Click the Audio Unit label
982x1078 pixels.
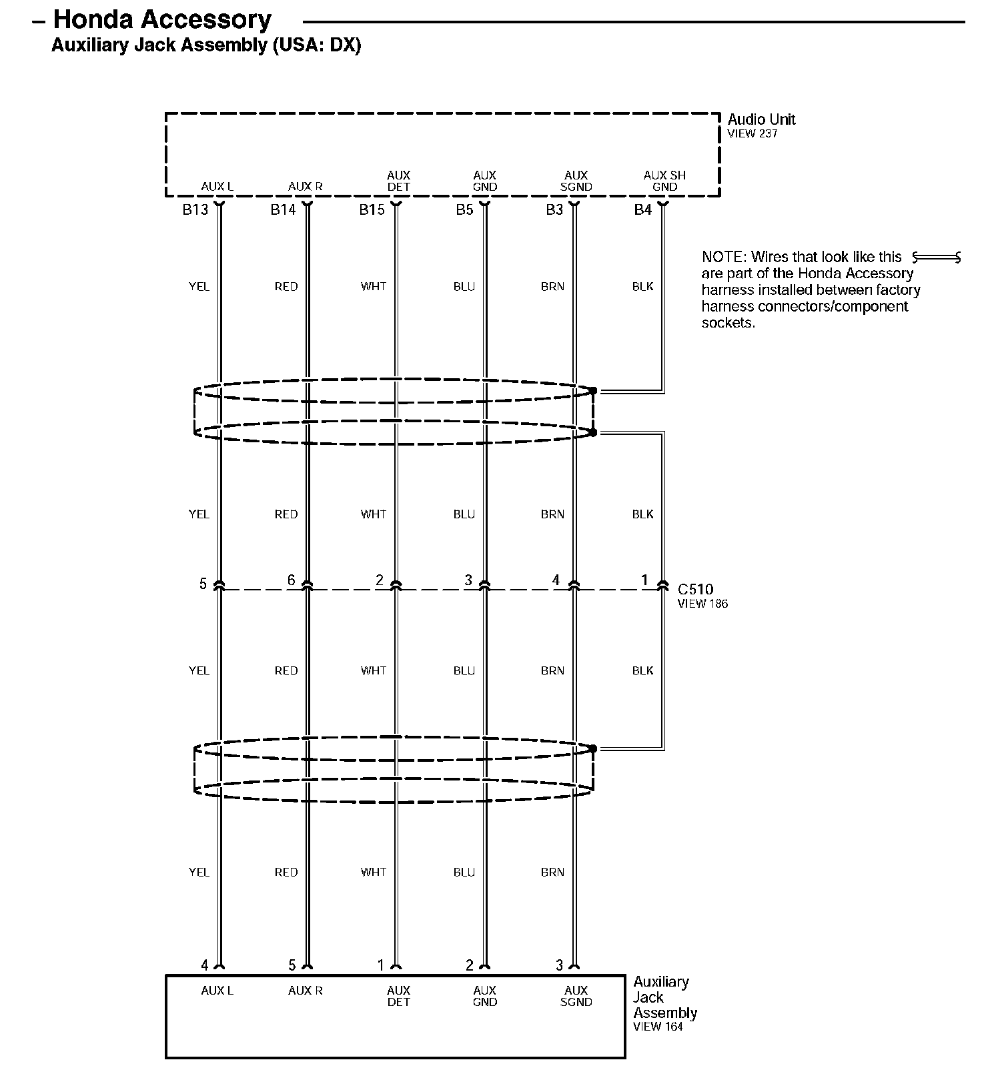(761, 119)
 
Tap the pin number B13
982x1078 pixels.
(195, 210)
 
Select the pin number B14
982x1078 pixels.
(283, 210)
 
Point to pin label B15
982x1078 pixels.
(372, 210)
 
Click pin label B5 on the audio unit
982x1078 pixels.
(464, 210)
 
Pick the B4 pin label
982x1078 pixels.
(642, 210)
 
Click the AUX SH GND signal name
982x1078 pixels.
(664, 181)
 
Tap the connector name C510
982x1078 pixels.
(695, 589)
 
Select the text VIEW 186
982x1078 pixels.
(702, 604)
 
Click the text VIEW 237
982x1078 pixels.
(753, 133)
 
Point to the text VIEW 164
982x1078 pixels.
(658, 1027)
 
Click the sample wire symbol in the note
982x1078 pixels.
(937, 257)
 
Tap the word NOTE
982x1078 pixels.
(723, 257)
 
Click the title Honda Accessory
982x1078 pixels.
(162, 19)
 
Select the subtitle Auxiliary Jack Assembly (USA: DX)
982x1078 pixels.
(206, 45)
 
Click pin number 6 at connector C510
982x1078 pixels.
(291, 580)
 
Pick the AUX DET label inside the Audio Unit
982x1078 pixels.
(398, 181)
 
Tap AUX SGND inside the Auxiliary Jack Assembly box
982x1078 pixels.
(576, 996)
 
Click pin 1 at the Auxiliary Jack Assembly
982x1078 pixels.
(381, 965)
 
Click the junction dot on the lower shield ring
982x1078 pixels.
(593, 748)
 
